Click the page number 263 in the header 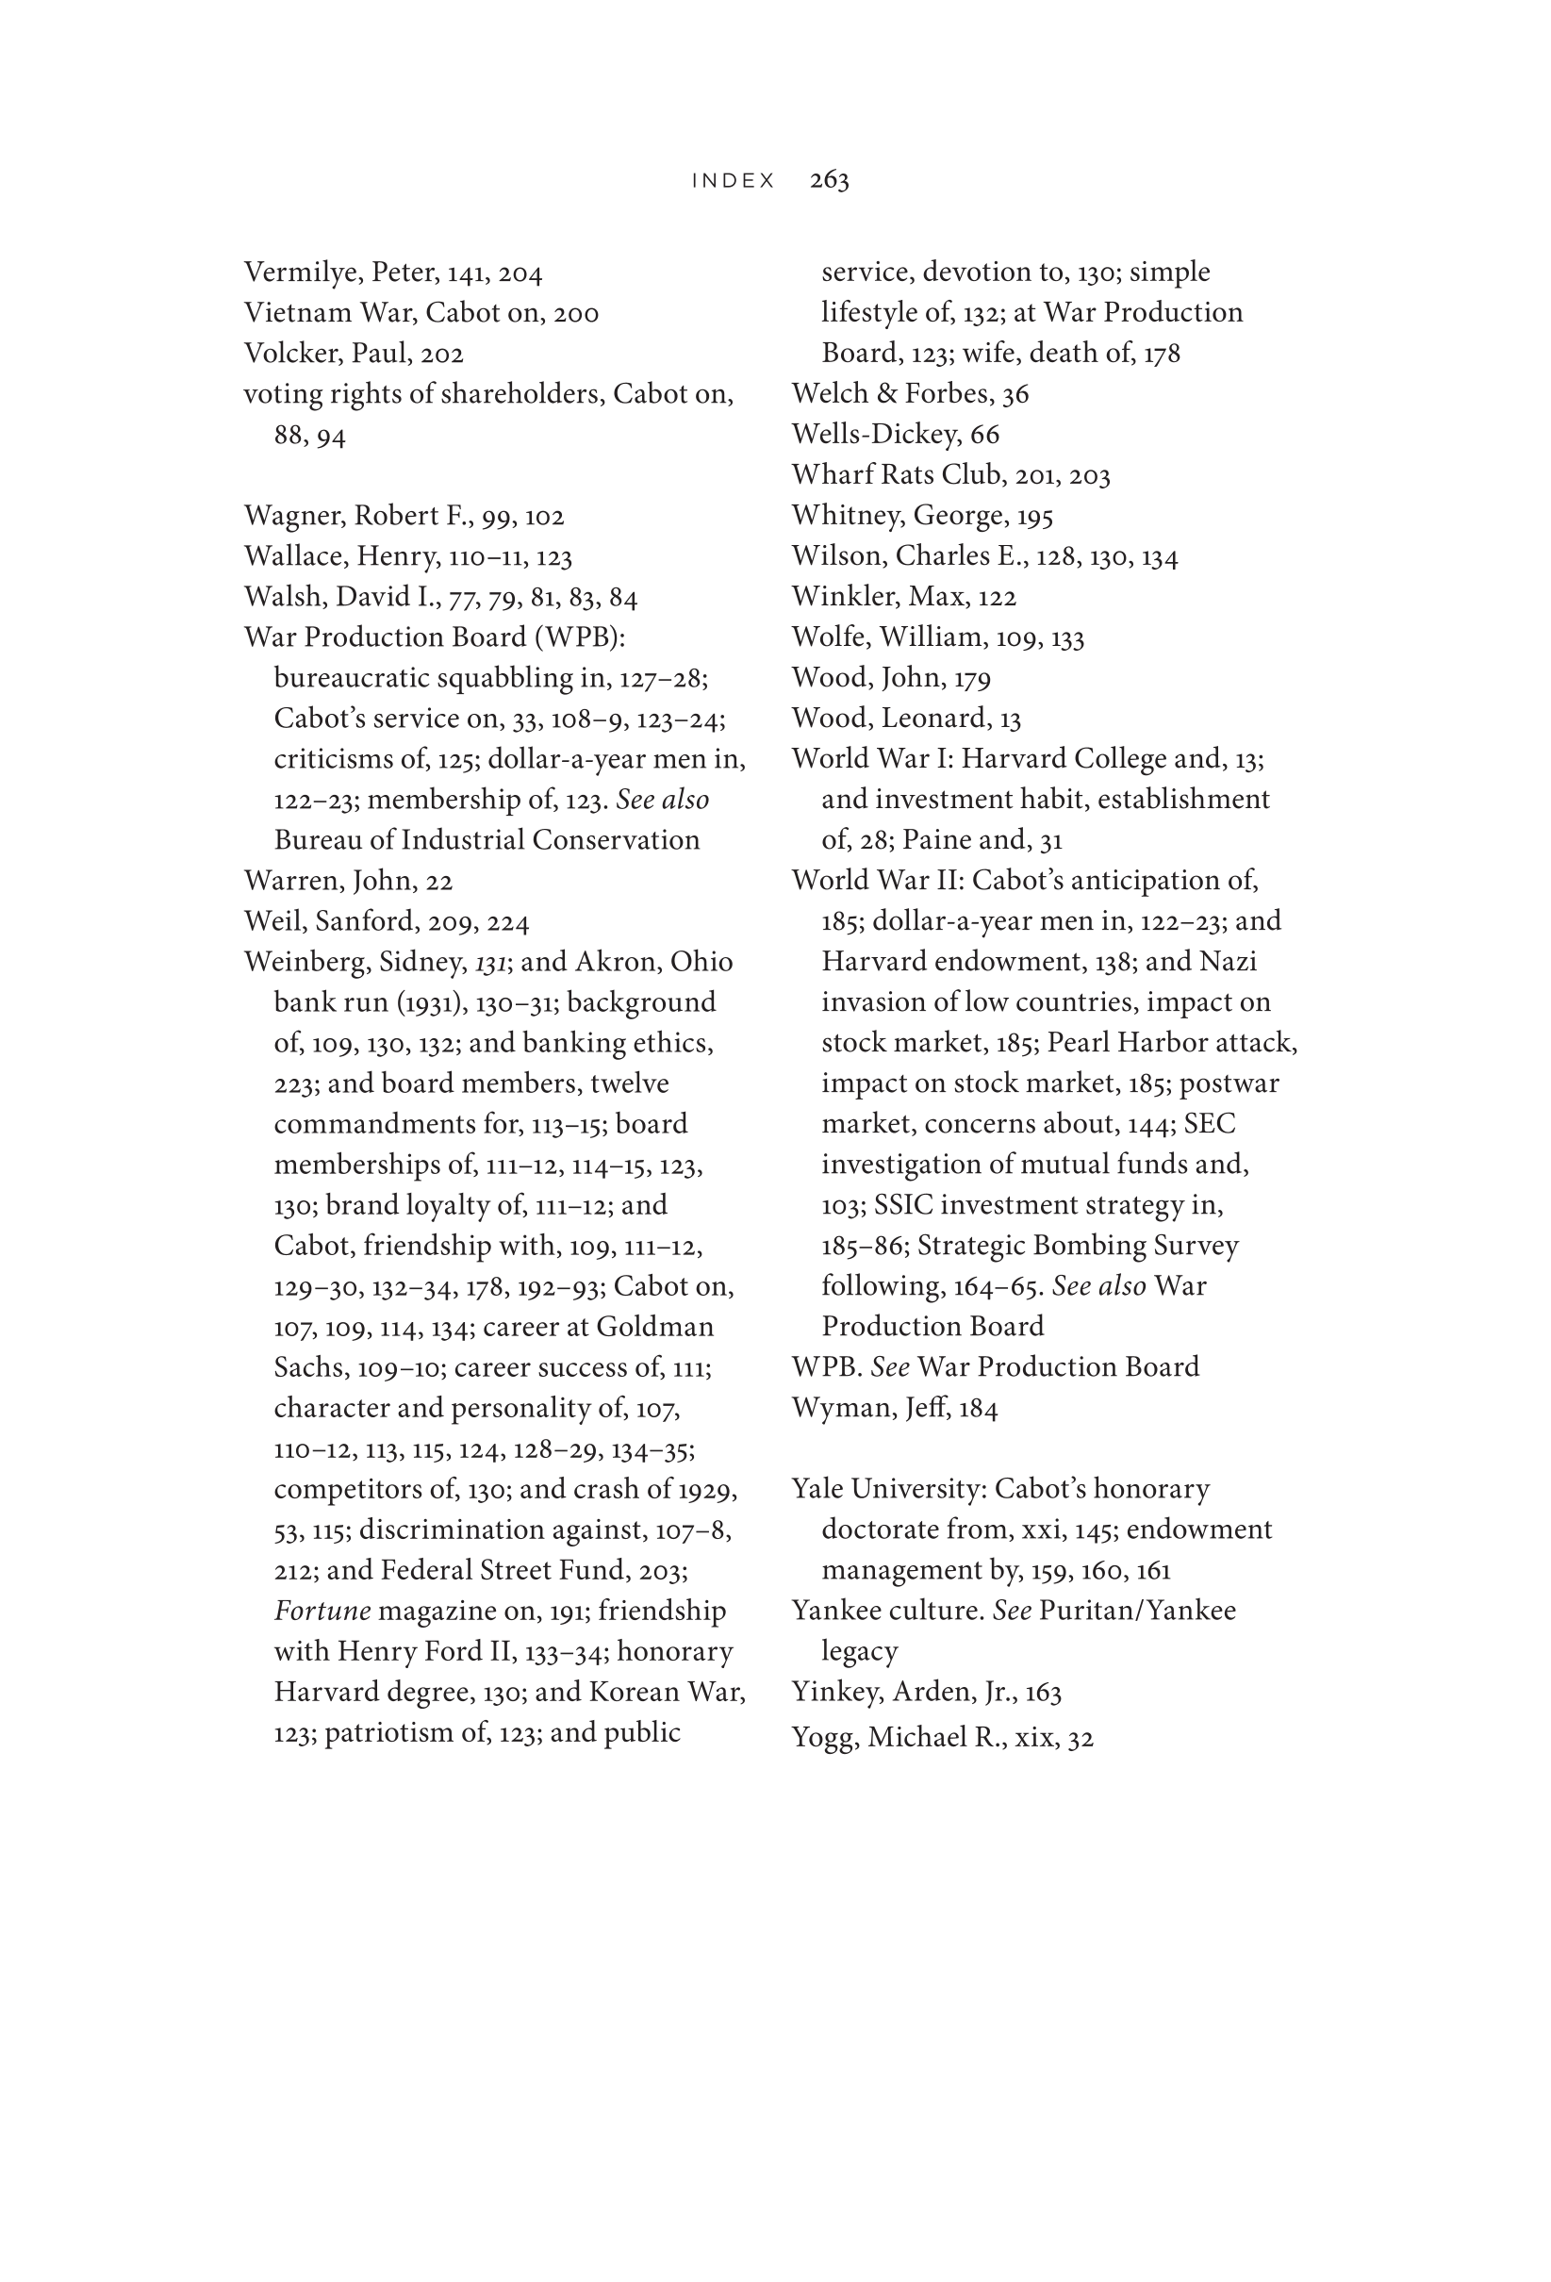pos(829,180)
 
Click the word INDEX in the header pos(734,181)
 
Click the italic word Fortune pos(322,1612)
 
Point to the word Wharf pos(828,475)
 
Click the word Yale pos(817,1490)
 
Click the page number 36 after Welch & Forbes pos(1015,395)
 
